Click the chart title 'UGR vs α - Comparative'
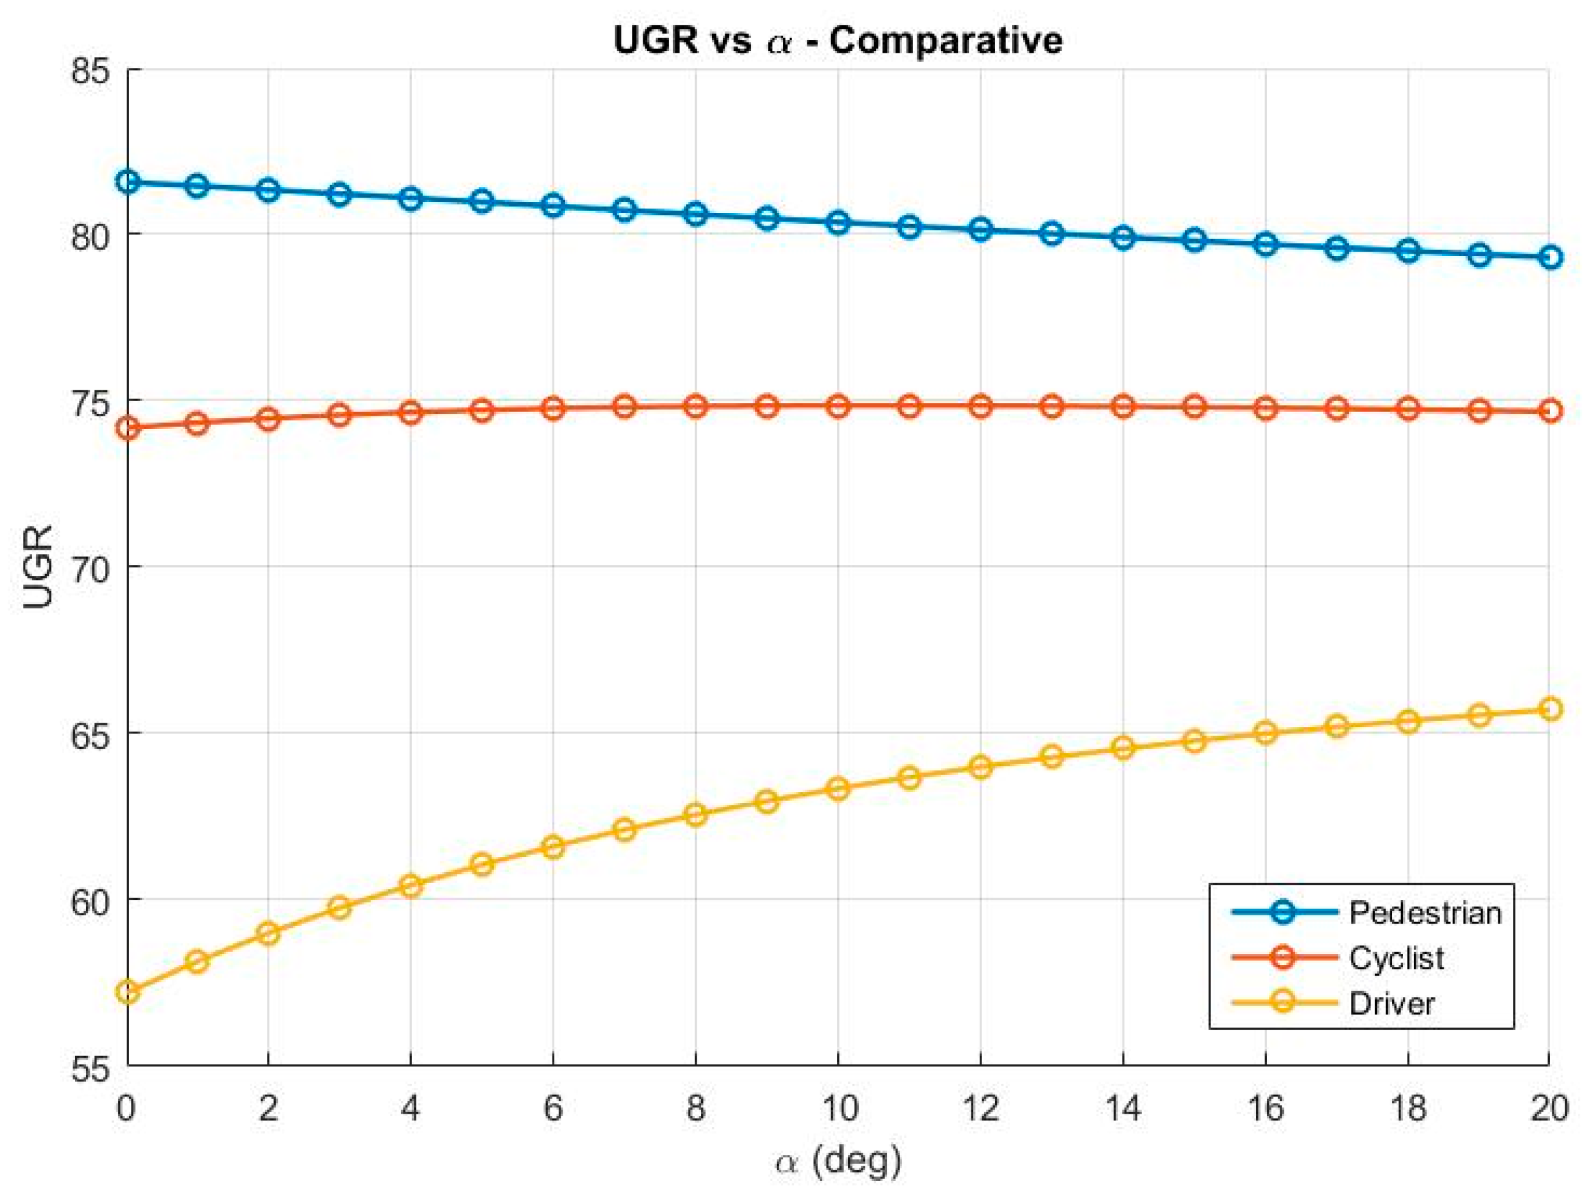coord(838,39)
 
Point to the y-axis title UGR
coord(38,567)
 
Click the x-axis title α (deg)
coord(838,1161)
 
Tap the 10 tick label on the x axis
coord(838,1109)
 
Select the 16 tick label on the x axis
coord(1265,1109)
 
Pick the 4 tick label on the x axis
coord(410,1109)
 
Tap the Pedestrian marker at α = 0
coord(128,182)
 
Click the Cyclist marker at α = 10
coord(838,406)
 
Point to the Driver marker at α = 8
coord(695,815)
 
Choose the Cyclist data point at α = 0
coord(128,428)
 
